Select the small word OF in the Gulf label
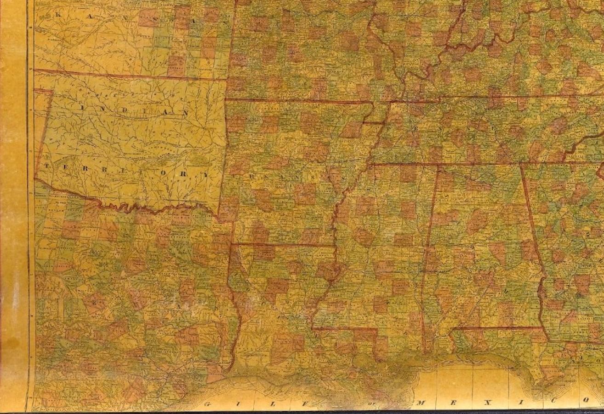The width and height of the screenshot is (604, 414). coord(373,403)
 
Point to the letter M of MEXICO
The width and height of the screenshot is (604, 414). coord(421,402)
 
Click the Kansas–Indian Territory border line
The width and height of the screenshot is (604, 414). coord(129,75)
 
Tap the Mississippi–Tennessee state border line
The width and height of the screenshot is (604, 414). coord(405,163)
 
